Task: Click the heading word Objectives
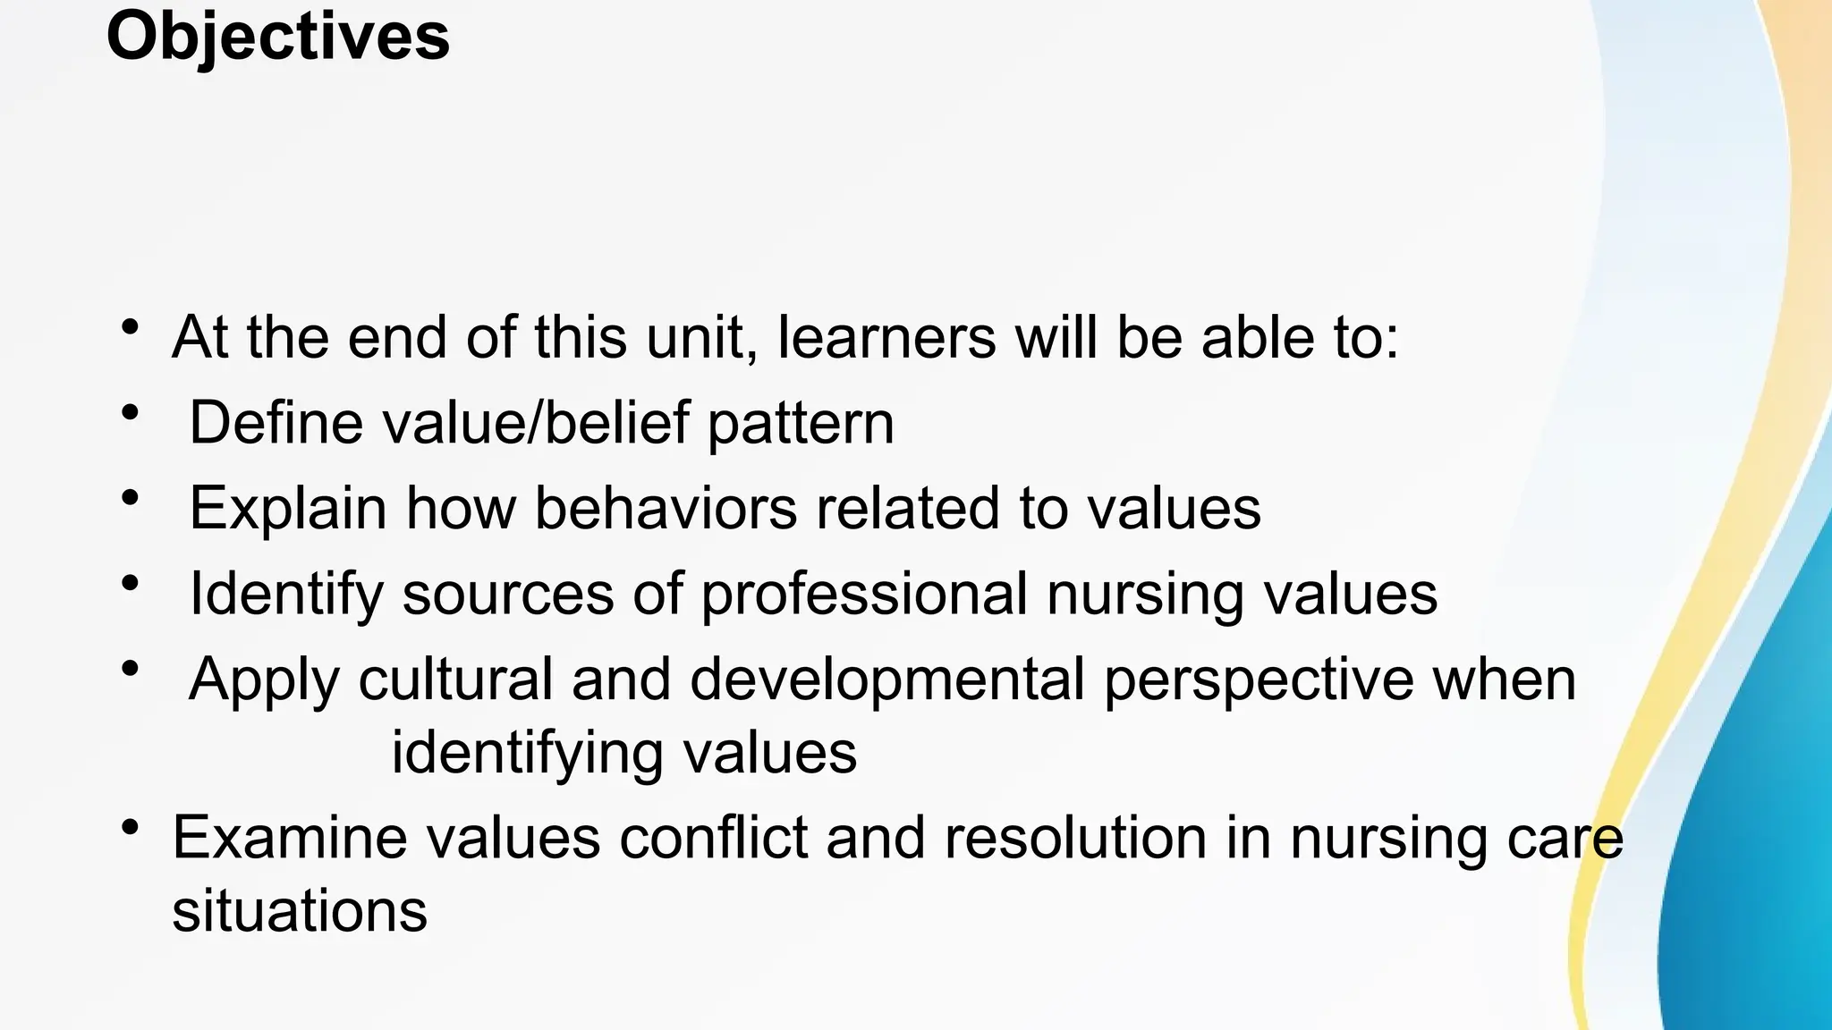(277, 38)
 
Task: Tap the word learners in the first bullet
(886, 338)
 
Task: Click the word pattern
(801, 425)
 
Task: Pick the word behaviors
(666, 508)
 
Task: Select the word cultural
(455, 680)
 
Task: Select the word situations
(300, 911)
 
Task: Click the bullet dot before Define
(131, 413)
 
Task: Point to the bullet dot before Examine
(131, 827)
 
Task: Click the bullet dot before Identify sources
(131, 583)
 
